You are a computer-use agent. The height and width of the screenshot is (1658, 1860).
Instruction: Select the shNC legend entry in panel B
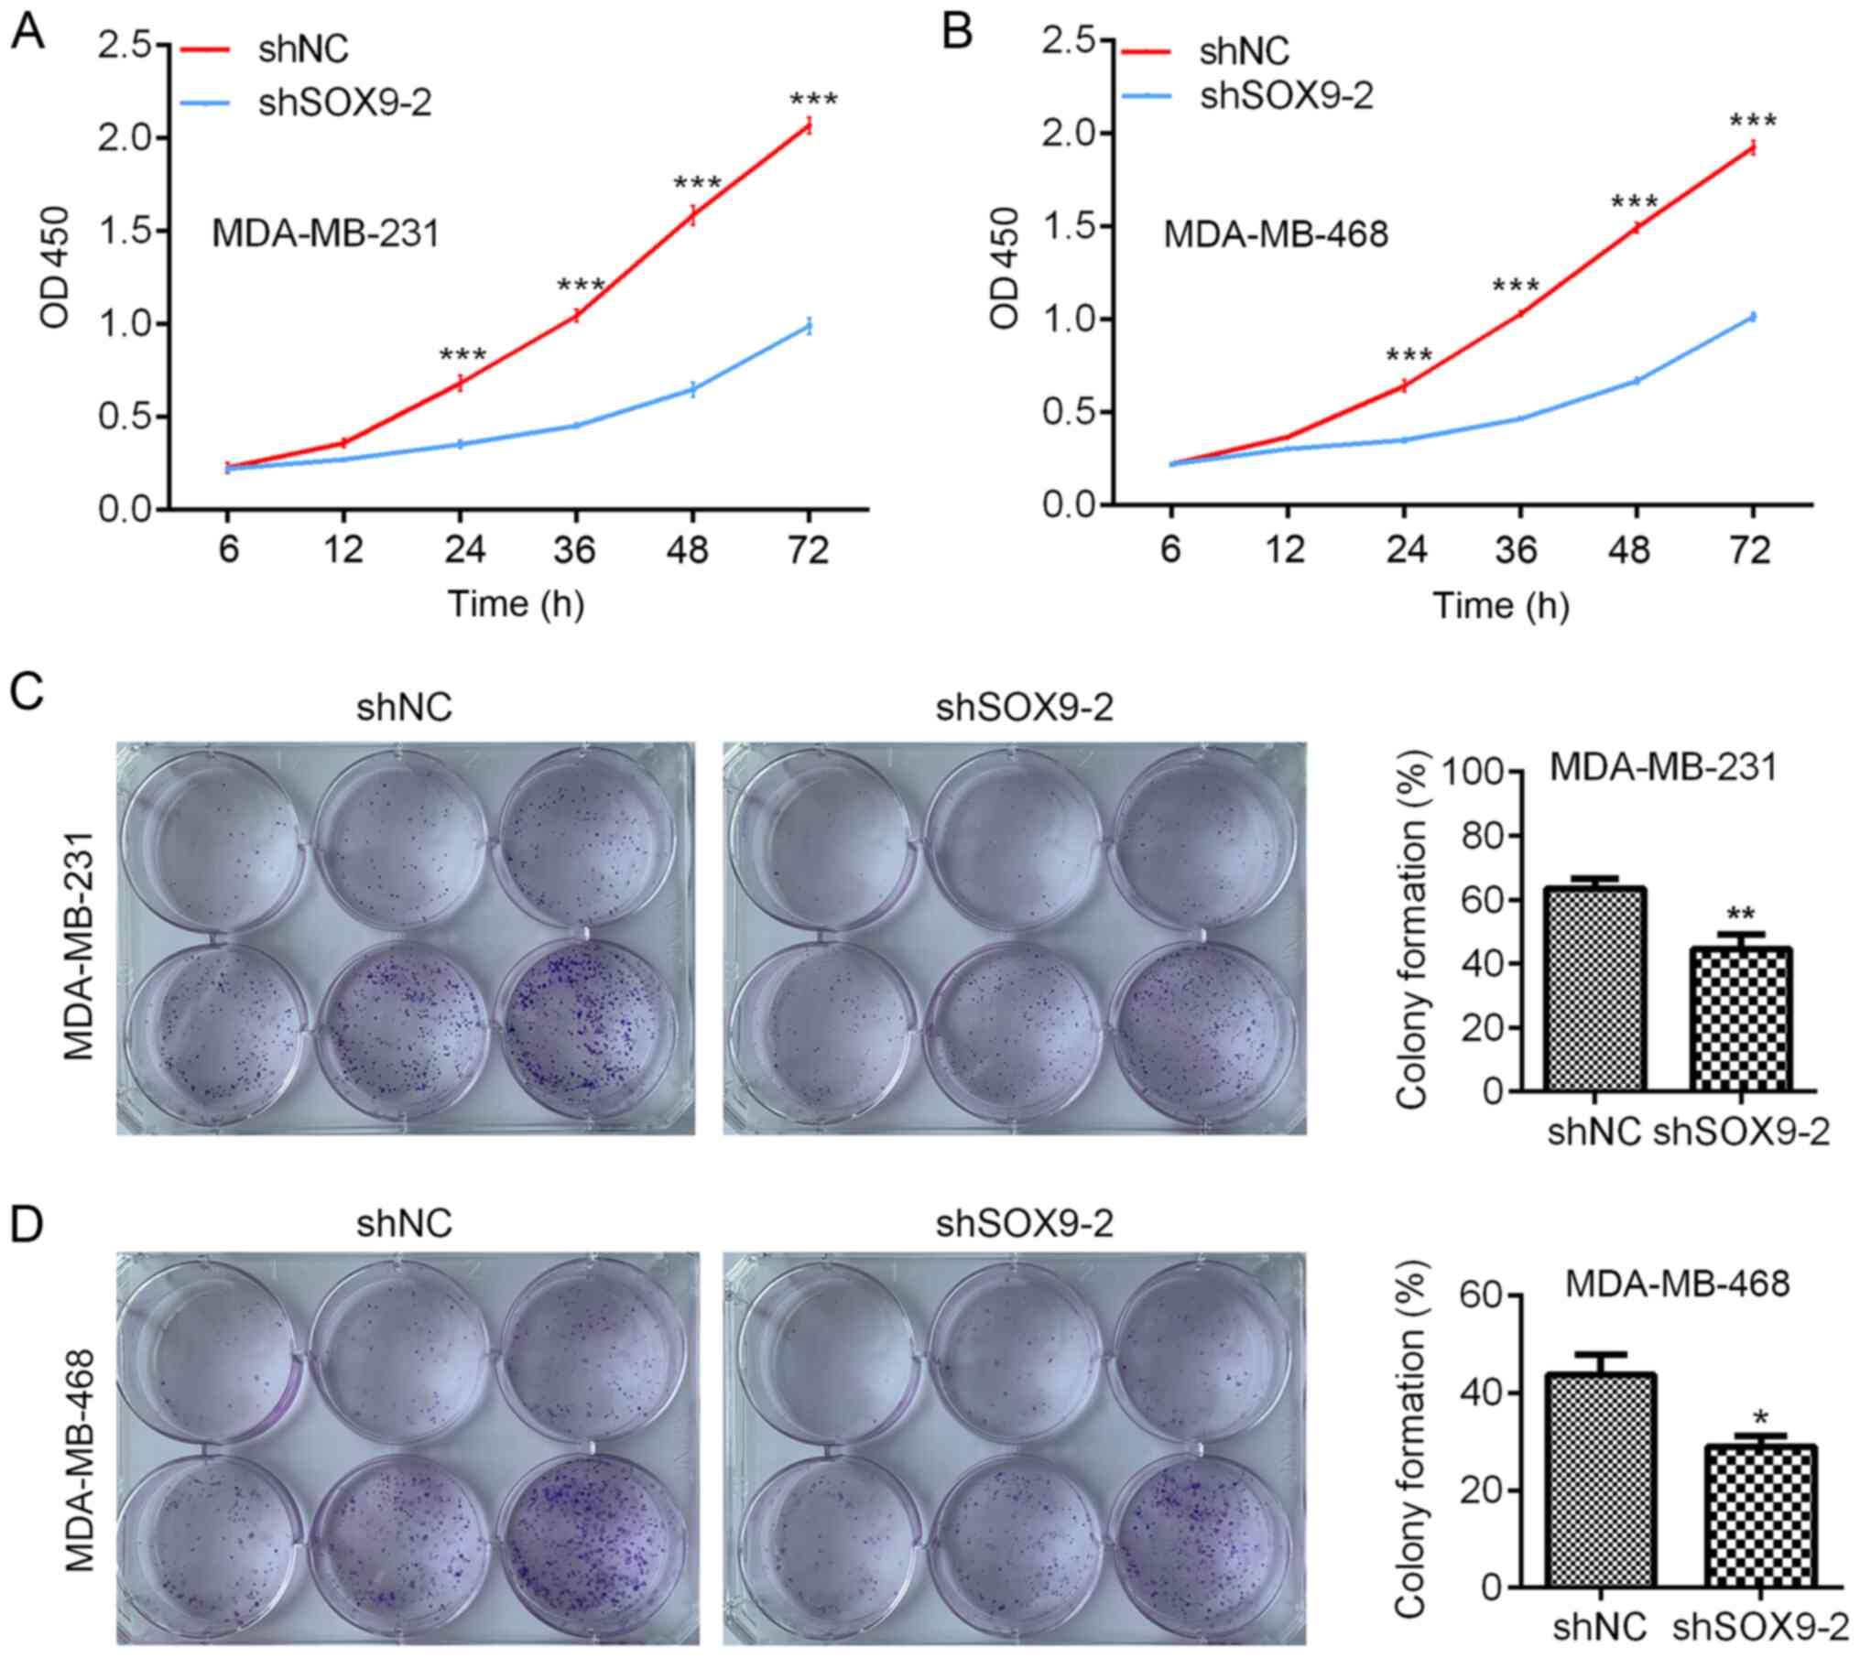(x=1244, y=51)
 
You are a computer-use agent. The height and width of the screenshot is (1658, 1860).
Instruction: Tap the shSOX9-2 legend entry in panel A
(x=344, y=103)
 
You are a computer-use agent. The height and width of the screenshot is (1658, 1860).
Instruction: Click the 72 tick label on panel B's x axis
(x=1751, y=552)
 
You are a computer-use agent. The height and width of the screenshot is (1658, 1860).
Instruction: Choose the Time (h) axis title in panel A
(x=516, y=604)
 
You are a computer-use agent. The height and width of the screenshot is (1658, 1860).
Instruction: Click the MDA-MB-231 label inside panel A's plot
(x=325, y=234)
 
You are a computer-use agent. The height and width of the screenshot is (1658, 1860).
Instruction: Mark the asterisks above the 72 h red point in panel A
(x=813, y=101)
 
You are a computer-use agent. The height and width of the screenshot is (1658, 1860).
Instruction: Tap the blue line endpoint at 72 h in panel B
(x=1752, y=317)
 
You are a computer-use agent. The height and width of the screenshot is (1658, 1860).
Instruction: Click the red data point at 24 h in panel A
(x=461, y=383)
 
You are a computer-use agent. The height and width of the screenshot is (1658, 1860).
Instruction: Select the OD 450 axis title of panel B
(x=1006, y=267)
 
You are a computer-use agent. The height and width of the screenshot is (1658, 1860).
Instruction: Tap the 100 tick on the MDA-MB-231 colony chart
(x=1472, y=773)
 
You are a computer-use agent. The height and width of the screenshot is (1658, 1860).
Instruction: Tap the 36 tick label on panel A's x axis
(x=576, y=551)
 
